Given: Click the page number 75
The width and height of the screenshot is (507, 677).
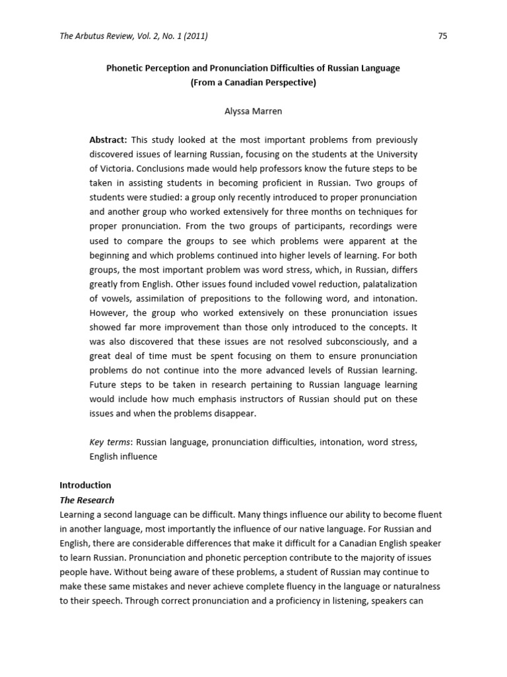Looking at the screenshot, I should (442, 36).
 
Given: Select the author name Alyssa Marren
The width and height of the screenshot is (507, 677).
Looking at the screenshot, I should (253, 111).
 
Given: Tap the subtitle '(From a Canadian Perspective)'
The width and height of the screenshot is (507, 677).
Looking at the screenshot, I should (253, 83).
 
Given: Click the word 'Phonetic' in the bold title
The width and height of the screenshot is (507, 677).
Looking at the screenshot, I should (125, 68).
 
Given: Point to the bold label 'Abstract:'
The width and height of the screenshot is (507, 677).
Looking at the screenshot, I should (108, 139).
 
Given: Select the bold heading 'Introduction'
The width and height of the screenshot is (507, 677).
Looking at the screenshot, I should (85, 485).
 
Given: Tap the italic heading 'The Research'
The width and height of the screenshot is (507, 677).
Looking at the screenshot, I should (86, 499).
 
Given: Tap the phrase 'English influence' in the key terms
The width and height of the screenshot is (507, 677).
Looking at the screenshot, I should (123, 456).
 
